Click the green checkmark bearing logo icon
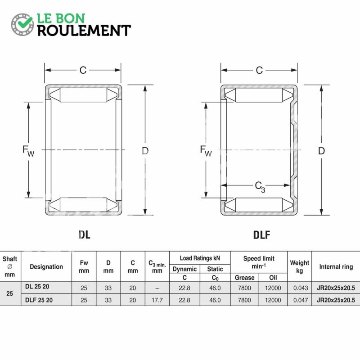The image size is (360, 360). point(22,24)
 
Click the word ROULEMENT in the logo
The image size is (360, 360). point(84,31)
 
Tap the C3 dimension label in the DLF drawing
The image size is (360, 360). point(260,187)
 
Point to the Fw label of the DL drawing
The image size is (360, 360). point(28,151)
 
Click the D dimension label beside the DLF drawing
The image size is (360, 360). point(321,151)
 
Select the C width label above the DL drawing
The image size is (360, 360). point(83,70)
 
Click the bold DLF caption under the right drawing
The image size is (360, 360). point(261,234)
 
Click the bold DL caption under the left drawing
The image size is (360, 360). point(84,234)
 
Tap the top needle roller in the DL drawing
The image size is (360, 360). point(83,95)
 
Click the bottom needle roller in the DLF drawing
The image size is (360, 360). point(259,205)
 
